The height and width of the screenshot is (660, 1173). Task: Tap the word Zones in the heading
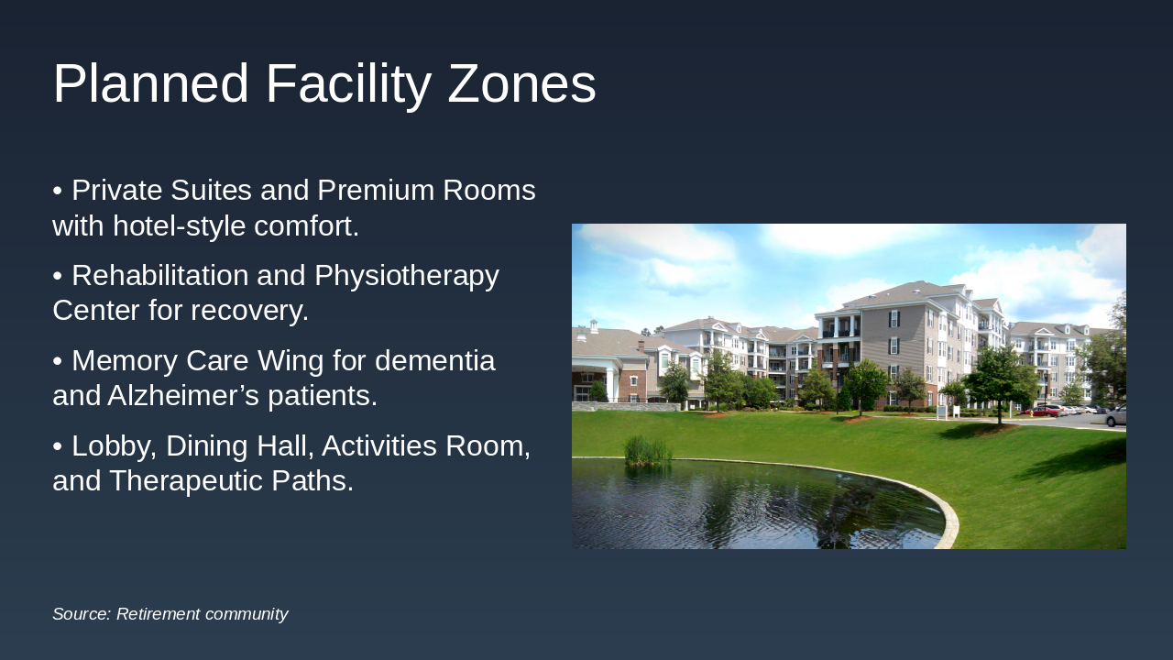(521, 83)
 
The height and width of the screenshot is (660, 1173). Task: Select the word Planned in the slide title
(151, 82)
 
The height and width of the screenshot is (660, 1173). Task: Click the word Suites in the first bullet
(211, 190)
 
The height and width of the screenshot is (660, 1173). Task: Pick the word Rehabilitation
(159, 275)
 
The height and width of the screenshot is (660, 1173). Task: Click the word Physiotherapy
(407, 276)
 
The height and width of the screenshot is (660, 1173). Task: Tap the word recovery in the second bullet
(249, 310)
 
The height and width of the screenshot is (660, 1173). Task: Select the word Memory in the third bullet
(125, 361)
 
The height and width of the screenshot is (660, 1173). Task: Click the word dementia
(434, 360)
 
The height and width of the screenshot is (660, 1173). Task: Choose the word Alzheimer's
(183, 395)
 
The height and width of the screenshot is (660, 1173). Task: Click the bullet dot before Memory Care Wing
(58, 361)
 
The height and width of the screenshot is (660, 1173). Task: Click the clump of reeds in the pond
(648, 450)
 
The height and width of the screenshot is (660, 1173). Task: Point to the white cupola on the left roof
(593, 325)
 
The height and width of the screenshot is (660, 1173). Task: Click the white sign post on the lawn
(942, 412)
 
